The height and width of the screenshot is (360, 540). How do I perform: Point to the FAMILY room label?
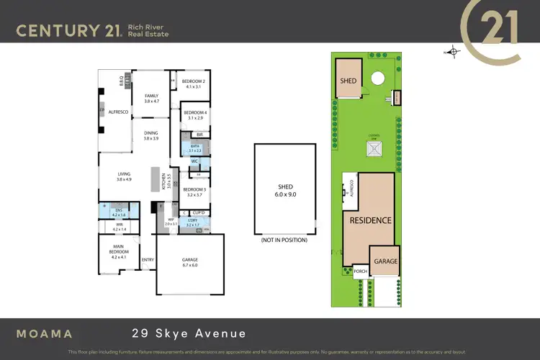pos(151,99)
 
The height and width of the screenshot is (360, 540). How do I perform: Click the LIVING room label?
pos(125,176)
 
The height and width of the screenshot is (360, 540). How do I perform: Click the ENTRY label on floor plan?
pos(148,260)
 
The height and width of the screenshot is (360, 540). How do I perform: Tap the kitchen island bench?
pos(154,179)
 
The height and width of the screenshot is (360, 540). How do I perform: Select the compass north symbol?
pos(453,51)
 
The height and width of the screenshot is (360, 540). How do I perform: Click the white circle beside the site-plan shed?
pos(377,80)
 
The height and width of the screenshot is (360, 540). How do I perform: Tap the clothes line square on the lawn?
pos(374,149)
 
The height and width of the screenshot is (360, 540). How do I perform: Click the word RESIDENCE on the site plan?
pos(371,220)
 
